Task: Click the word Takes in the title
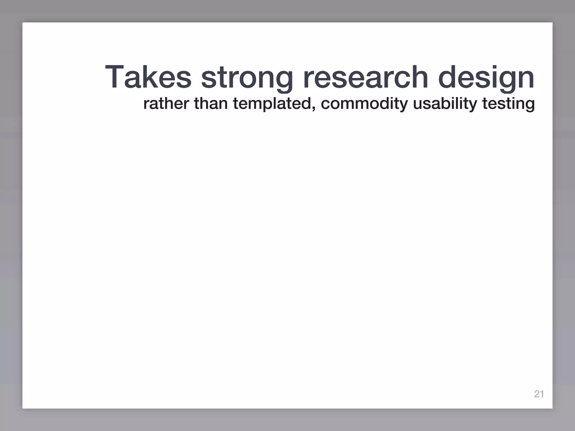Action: [148, 77]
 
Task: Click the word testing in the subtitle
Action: [508, 104]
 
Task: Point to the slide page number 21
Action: [539, 394]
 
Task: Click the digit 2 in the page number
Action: [537, 394]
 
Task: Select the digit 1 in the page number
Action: [542, 394]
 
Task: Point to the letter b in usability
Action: [446, 103]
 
